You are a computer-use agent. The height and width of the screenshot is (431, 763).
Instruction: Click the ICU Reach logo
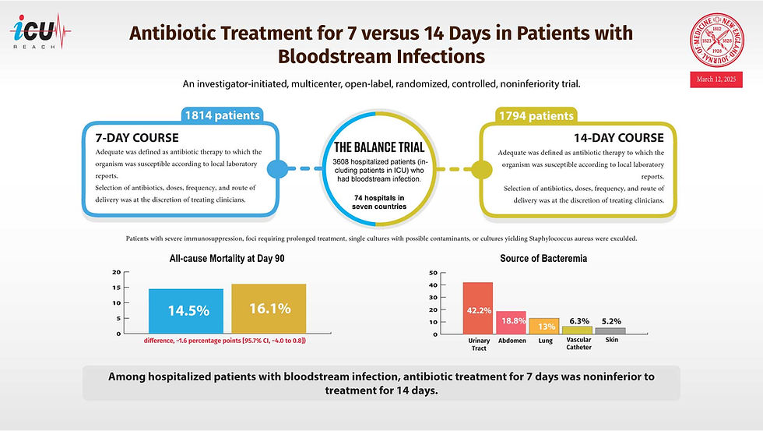(40, 33)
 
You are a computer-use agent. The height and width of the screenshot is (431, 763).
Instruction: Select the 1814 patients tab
(221, 115)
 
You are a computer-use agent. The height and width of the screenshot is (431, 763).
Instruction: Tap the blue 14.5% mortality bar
(186, 310)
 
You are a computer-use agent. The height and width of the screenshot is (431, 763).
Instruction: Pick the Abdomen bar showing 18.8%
(511, 322)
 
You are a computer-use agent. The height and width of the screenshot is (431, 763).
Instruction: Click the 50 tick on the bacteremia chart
(433, 273)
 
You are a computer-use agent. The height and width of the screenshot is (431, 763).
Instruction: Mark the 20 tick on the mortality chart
(116, 273)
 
